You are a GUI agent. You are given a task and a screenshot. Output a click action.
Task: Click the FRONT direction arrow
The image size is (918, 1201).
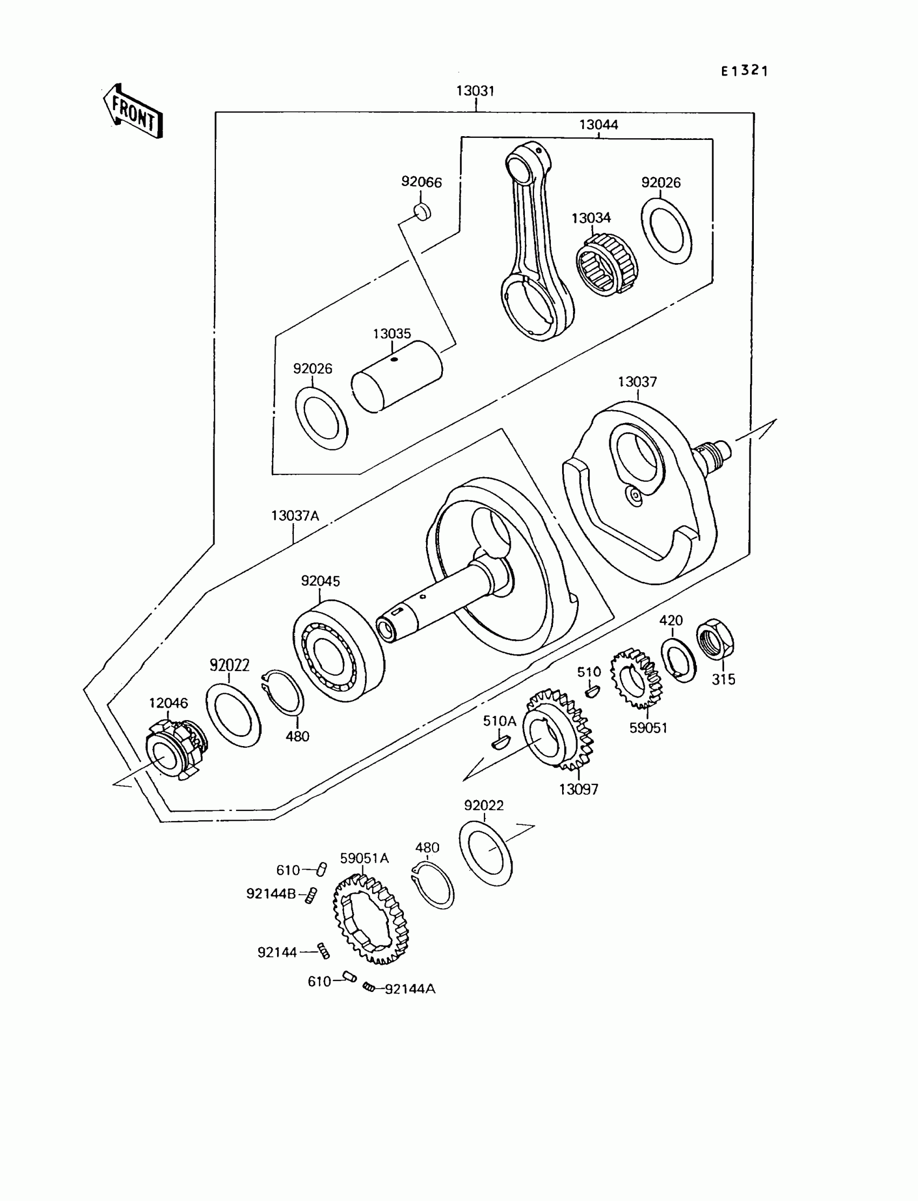click(133, 111)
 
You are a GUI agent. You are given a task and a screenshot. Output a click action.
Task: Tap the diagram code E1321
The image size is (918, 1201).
click(744, 71)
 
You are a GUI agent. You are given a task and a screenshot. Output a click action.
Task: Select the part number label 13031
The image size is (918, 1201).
click(475, 91)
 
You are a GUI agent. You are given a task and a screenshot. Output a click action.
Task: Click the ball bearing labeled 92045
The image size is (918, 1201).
click(338, 650)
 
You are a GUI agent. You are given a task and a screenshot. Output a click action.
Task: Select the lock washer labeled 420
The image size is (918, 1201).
click(679, 660)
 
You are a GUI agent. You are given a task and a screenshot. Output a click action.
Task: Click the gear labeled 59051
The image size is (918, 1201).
click(636, 679)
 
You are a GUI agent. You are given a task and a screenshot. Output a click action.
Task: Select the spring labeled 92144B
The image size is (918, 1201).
click(311, 895)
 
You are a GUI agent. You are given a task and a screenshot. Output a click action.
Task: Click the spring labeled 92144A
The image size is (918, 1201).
click(369, 987)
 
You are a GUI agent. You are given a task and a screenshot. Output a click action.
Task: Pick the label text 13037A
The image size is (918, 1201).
click(295, 515)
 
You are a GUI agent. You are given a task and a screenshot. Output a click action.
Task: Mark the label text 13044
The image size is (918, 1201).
click(598, 125)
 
